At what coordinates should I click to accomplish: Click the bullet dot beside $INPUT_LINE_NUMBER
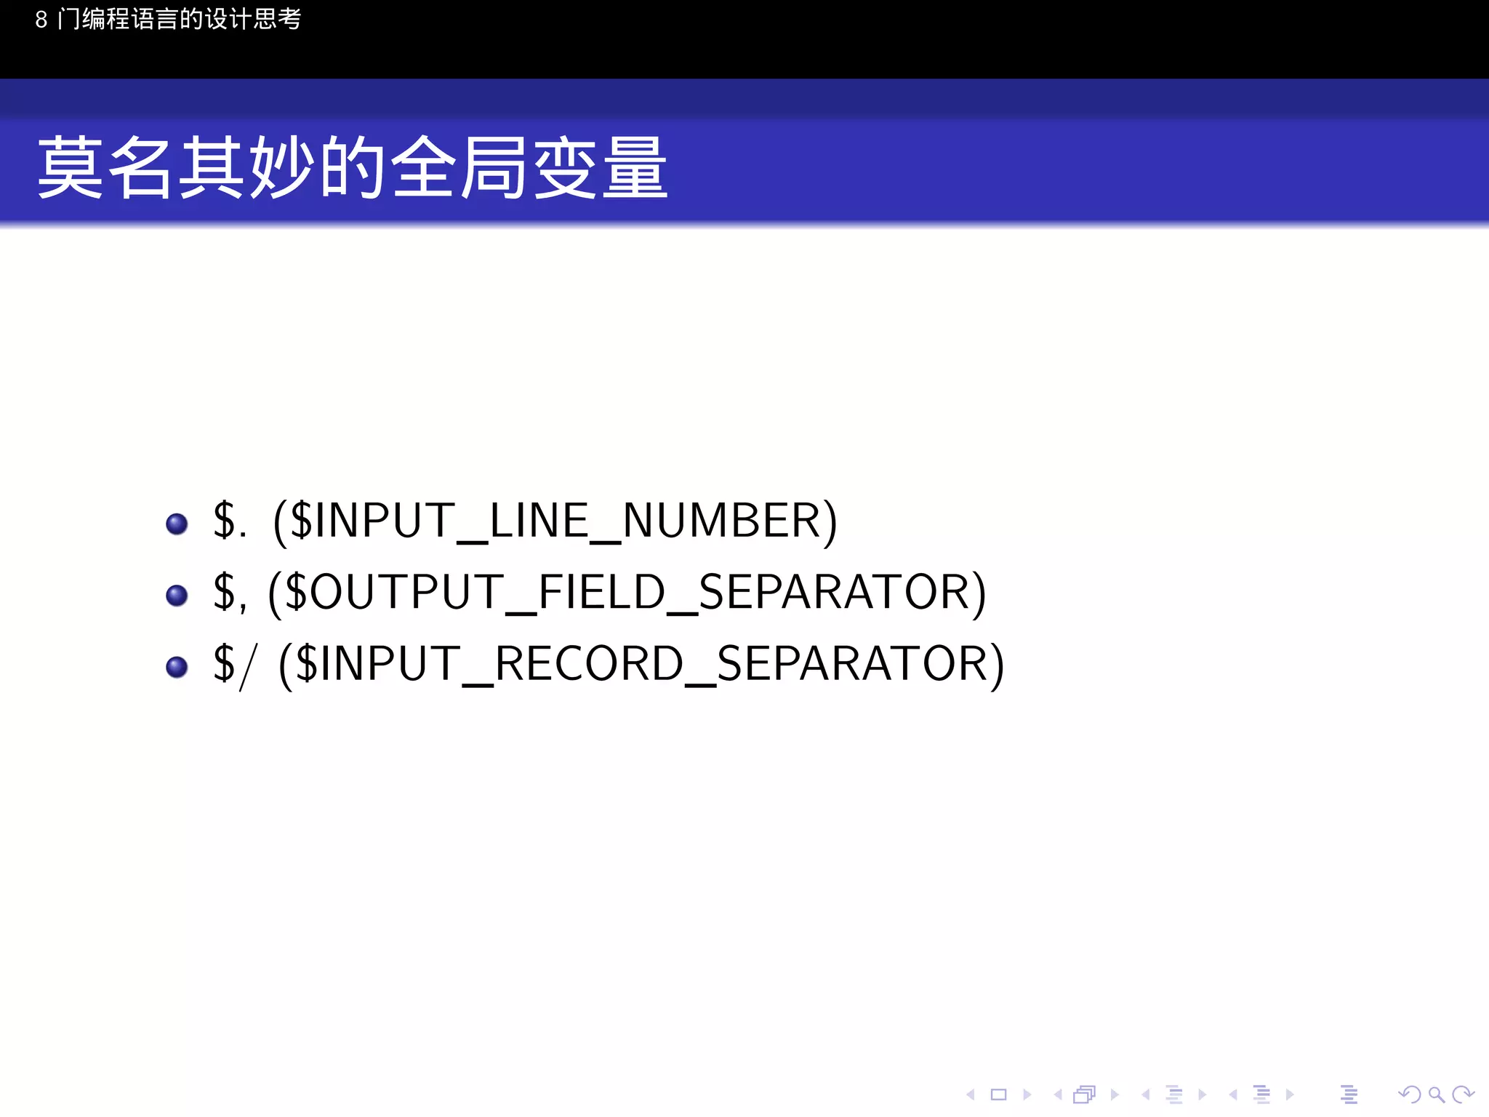point(177,524)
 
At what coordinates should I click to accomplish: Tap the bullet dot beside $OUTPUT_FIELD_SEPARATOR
point(177,596)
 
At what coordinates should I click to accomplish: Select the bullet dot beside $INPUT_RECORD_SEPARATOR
point(177,667)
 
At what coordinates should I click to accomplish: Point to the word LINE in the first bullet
point(539,521)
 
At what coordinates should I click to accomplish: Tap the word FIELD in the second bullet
point(602,592)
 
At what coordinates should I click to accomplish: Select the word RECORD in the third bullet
point(590,663)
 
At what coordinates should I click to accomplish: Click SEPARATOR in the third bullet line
point(852,663)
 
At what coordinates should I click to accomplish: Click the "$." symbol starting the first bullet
point(230,521)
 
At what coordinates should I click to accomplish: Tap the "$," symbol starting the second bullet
point(230,592)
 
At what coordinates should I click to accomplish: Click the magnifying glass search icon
point(1436,1094)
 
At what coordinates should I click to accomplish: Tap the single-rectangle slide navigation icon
point(998,1094)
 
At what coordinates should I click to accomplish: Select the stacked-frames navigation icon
point(1085,1094)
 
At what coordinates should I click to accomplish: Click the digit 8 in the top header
point(41,20)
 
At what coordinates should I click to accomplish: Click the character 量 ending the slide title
point(635,168)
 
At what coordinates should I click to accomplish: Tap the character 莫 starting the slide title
point(70,168)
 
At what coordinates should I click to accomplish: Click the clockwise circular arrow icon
point(1463,1094)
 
